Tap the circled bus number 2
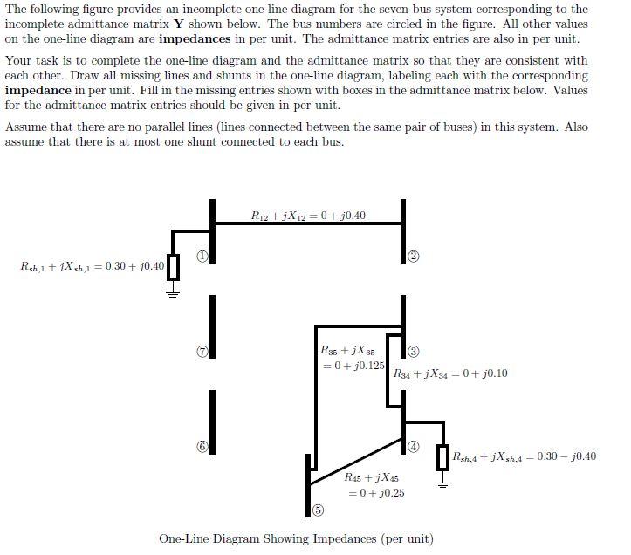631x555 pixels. tap(414, 256)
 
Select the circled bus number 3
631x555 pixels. tap(414, 352)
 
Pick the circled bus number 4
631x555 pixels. tap(414, 446)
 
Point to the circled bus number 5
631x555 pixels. tap(319, 510)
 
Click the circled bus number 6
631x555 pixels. tap(202, 446)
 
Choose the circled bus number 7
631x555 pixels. tap(202, 352)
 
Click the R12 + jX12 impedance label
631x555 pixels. tap(308, 216)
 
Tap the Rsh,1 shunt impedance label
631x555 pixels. tap(92, 265)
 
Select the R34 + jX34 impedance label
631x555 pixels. tap(450, 373)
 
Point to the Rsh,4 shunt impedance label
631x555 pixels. tap(525, 456)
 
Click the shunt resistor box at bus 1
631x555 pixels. tap(173, 266)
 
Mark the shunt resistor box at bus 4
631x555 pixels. tap(442, 456)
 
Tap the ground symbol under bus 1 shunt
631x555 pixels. tap(173, 293)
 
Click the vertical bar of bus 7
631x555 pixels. tap(212, 325)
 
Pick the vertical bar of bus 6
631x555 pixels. tap(212, 421)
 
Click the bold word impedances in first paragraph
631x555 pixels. tap(195, 39)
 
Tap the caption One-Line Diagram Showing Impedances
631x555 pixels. tap(296, 538)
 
